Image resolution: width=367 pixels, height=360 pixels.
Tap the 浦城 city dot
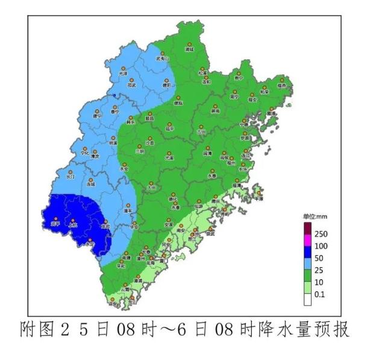click(x=189, y=45)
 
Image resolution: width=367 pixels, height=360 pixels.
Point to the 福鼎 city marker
click(x=281, y=82)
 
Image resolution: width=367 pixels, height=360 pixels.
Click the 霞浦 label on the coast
click(x=272, y=113)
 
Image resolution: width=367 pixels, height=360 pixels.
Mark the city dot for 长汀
click(x=71, y=172)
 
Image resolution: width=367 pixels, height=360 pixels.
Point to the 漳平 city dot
click(x=128, y=207)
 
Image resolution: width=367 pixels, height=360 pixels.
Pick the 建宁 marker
click(x=98, y=112)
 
